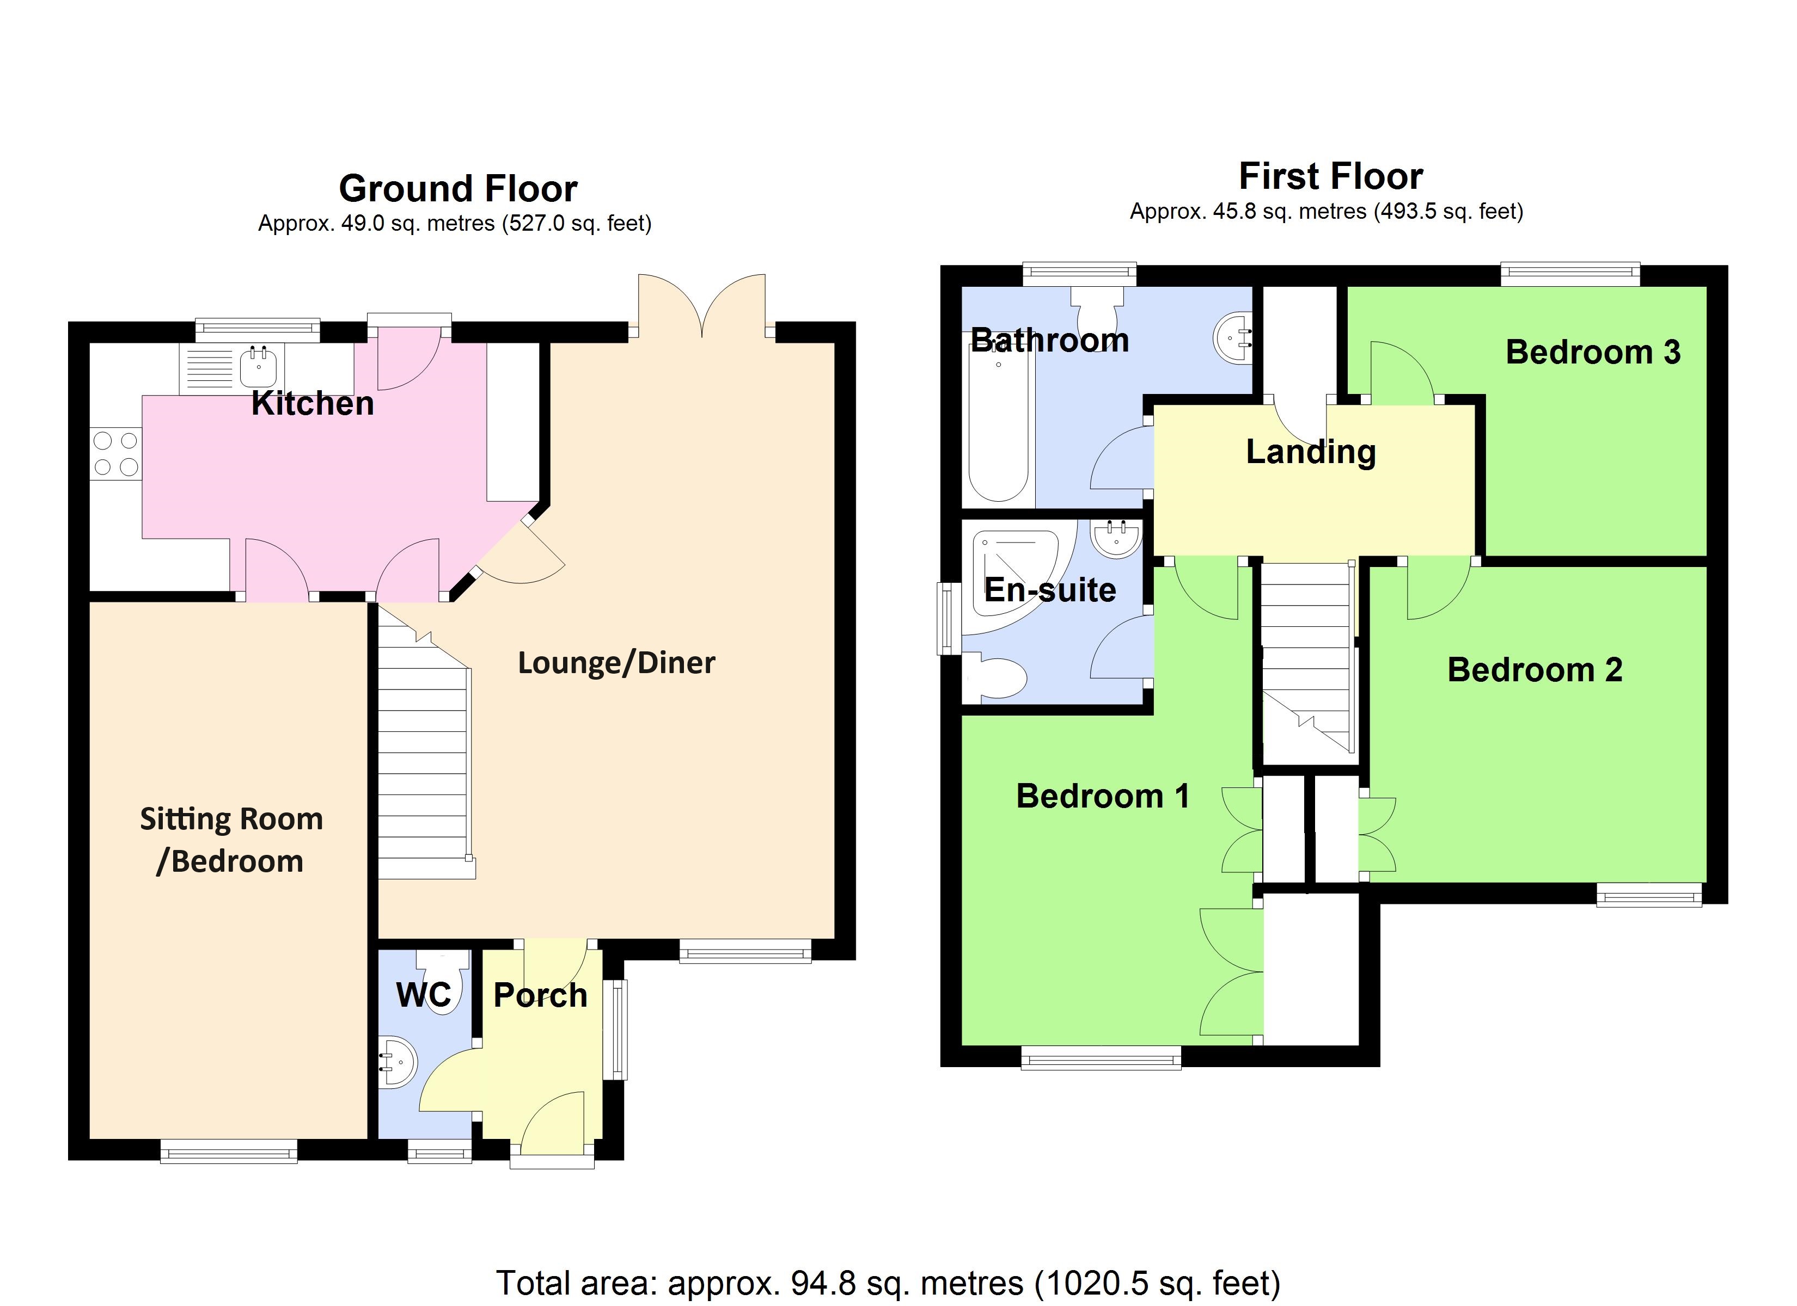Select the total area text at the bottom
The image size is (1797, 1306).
[888, 1282]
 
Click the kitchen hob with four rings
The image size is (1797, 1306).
[115, 454]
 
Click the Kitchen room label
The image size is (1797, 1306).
[312, 404]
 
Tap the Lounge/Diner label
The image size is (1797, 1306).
[616, 663]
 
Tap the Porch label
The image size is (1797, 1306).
[540, 995]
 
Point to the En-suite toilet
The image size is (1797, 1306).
[998, 677]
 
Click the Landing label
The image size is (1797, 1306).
[1311, 452]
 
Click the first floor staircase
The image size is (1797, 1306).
[1305, 657]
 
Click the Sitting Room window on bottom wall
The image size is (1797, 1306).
[229, 1151]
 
